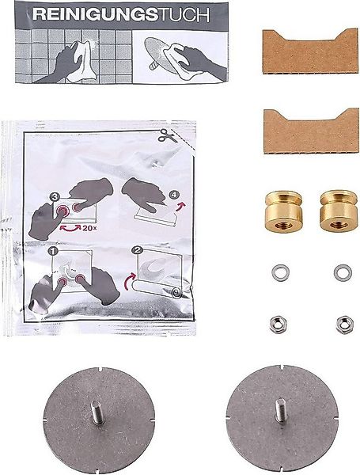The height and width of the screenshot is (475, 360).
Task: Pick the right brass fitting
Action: click(x=339, y=207)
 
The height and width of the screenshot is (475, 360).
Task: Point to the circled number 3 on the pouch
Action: click(x=55, y=196)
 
